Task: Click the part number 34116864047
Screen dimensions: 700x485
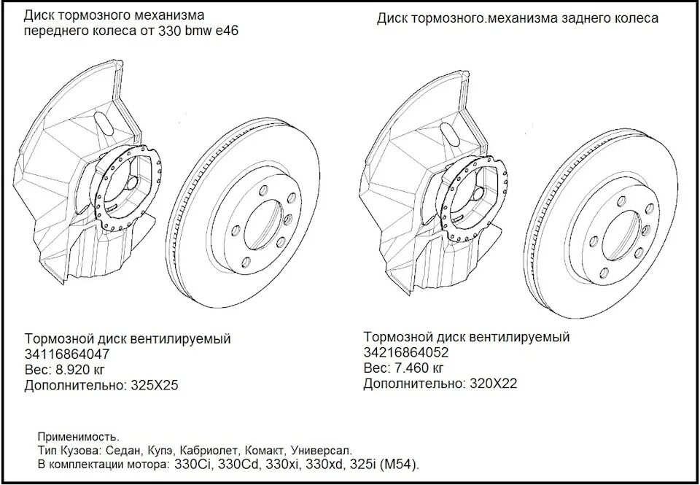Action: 67,354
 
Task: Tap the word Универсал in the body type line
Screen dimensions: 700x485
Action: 322,451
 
